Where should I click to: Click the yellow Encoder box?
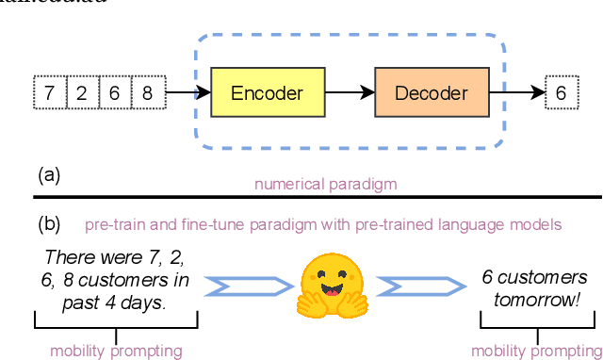coord(267,92)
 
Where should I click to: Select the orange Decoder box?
coord(430,92)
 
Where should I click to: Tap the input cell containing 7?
coord(49,93)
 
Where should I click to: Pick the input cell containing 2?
coord(82,93)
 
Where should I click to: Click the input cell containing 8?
coord(148,93)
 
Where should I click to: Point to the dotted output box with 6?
coord(561,93)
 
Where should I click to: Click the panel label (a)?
coord(48,174)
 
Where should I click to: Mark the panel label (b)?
coord(49,224)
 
